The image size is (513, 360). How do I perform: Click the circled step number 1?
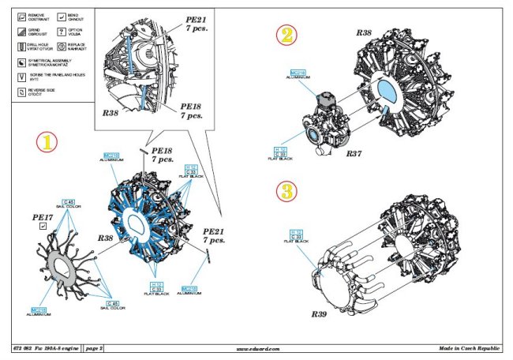tap(47, 141)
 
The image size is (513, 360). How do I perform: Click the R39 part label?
tap(320, 313)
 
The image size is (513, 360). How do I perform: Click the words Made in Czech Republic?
tap(471, 348)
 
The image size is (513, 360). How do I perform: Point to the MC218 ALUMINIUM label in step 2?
tap(299, 73)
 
